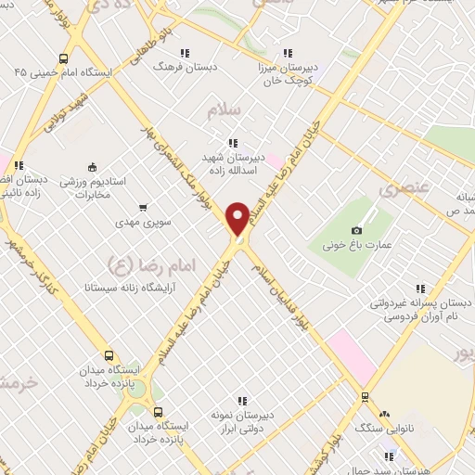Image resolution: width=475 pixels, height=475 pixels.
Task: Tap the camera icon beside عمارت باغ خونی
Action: pos(357,230)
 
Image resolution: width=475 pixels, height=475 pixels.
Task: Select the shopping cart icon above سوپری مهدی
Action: pos(142,208)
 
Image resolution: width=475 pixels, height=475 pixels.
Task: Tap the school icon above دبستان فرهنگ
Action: pos(185,54)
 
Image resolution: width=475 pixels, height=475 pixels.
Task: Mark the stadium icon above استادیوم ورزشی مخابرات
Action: pos(92,167)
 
